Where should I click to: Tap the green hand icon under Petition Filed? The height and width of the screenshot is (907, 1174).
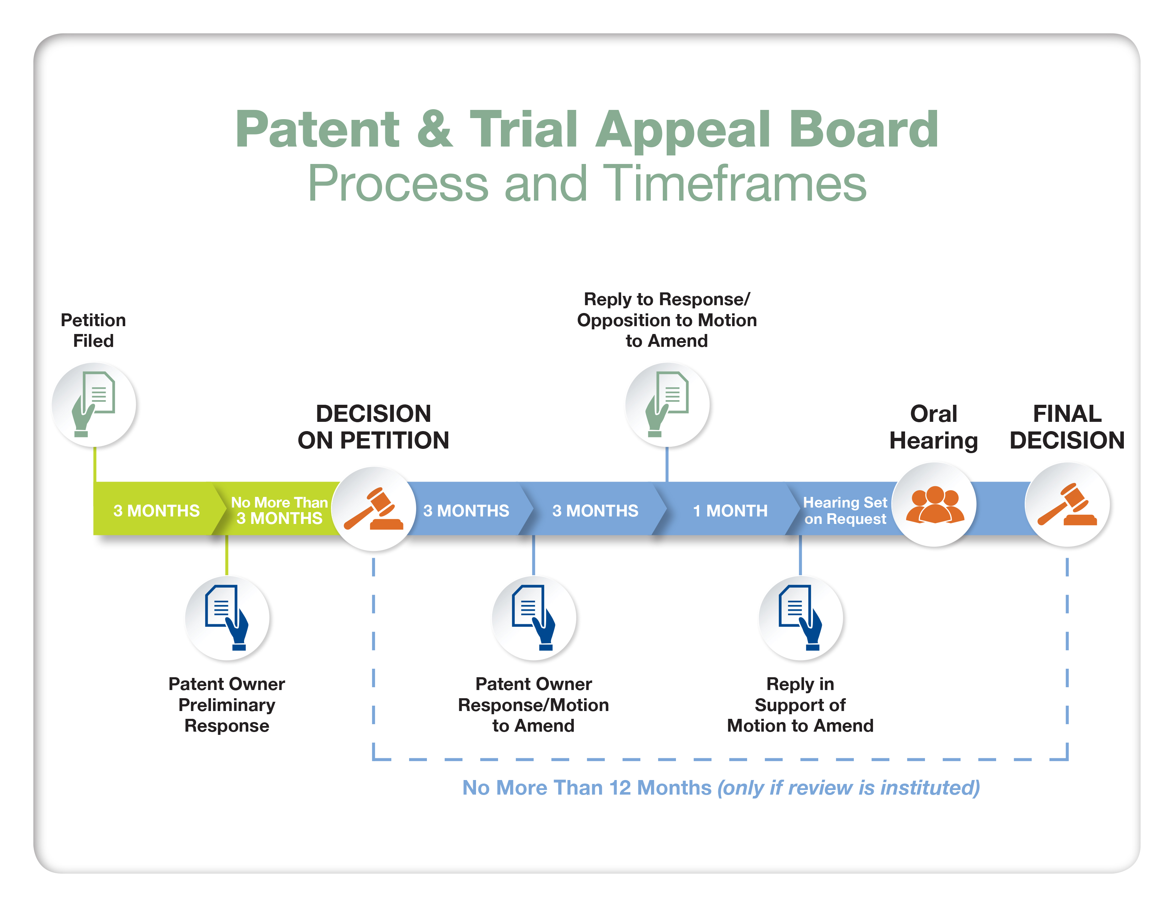[x=94, y=404]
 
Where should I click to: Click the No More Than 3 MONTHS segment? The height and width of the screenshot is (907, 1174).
[x=279, y=510]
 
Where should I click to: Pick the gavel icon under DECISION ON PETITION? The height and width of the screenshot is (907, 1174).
[x=374, y=508]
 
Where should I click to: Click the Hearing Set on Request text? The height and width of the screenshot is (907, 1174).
[x=845, y=510]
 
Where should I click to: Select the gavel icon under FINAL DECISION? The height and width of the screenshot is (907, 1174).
[x=1067, y=505]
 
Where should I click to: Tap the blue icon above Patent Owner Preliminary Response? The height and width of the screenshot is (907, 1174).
[x=227, y=617]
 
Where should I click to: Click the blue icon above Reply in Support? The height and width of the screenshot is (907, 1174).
[x=800, y=617]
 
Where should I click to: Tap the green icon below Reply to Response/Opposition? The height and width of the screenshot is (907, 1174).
[x=667, y=404]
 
